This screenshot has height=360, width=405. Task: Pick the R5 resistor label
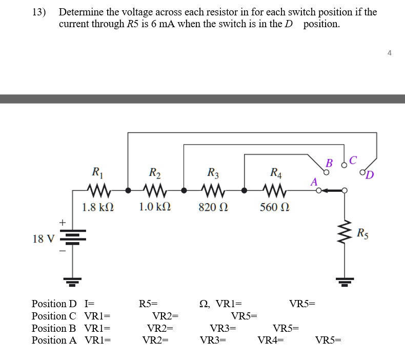pyautogui.click(x=362, y=233)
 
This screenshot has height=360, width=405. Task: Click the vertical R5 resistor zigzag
pyautogui.click(x=344, y=233)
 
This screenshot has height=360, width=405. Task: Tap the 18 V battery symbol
pyautogui.click(x=72, y=239)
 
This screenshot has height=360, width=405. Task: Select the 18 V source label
pyautogui.click(x=43, y=239)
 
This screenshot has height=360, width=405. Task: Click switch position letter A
pyautogui.click(x=314, y=182)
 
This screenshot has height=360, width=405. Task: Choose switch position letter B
pyautogui.click(x=329, y=164)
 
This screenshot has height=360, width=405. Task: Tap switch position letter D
pyautogui.click(x=370, y=176)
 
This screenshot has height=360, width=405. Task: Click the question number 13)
pyautogui.click(x=39, y=12)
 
